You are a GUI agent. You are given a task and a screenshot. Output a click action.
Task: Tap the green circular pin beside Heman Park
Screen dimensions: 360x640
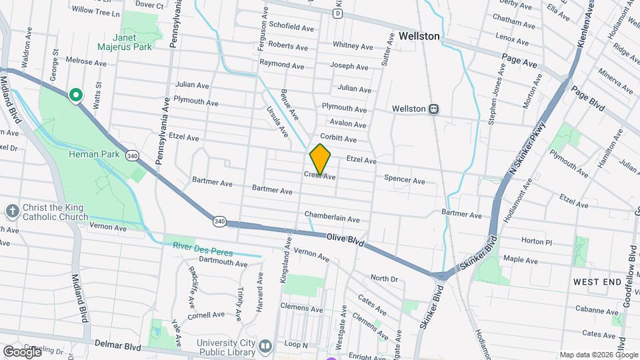coord(77,95)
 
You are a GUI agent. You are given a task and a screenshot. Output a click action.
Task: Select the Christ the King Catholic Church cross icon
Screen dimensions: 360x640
coord(12,211)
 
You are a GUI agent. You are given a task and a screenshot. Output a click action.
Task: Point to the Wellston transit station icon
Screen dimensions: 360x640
coord(433,109)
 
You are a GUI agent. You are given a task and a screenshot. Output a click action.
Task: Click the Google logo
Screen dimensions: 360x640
coord(22,351)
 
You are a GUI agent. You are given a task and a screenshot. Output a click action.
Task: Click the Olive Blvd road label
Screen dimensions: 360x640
coord(345,240)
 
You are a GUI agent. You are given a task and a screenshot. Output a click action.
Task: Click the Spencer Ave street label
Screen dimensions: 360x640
coord(404,180)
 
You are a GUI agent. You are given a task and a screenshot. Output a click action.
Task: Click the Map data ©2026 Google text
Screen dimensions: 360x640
coord(597,355)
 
